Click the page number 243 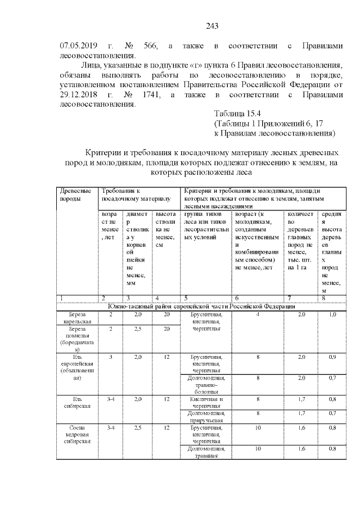211,26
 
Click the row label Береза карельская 77,318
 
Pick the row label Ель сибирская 77,403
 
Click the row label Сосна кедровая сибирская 77,435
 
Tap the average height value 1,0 332,314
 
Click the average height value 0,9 332,357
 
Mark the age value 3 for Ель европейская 111,357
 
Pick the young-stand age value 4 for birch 257,314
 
